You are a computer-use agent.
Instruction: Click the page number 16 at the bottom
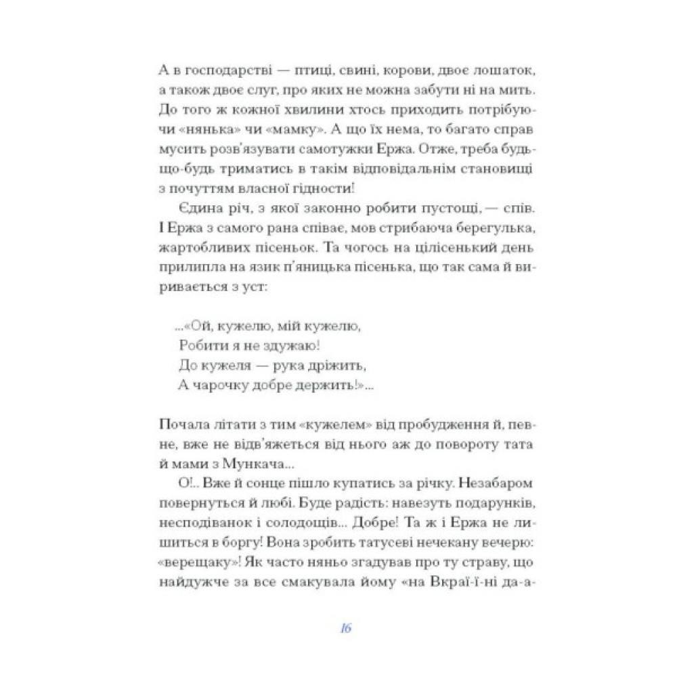point(345,628)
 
